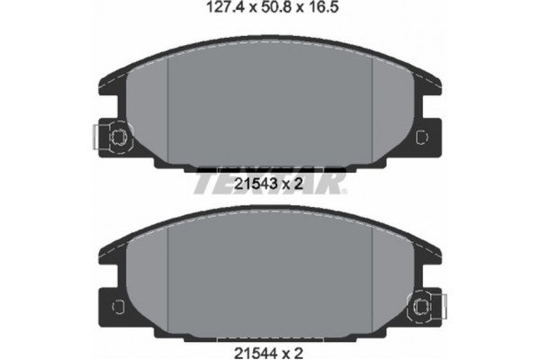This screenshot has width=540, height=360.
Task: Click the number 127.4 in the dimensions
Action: pyautogui.click(x=211, y=13)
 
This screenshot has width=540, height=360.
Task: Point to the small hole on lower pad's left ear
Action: pyautogui.click(x=116, y=308)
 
